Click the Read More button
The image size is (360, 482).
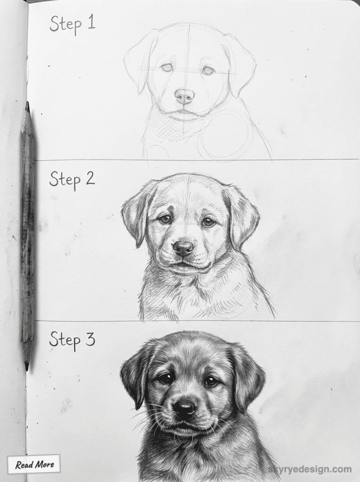(x=34, y=464)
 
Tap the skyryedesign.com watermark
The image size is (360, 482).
(x=310, y=469)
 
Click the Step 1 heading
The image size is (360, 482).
(x=72, y=24)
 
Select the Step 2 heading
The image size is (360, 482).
(x=72, y=179)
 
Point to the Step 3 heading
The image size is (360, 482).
(x=72, y=339)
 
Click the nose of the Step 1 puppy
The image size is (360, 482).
(x=184, y=96)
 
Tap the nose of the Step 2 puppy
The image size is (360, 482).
(x=183, y=248)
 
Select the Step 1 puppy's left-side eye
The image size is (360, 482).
(x=166, y=68)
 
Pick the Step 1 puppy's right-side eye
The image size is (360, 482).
(x=208, y=71)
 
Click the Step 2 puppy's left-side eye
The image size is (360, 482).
(x=164, y=219)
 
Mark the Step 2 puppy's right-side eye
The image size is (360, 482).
(x=208, y=222)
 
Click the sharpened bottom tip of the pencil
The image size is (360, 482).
(x=27, y=367)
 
